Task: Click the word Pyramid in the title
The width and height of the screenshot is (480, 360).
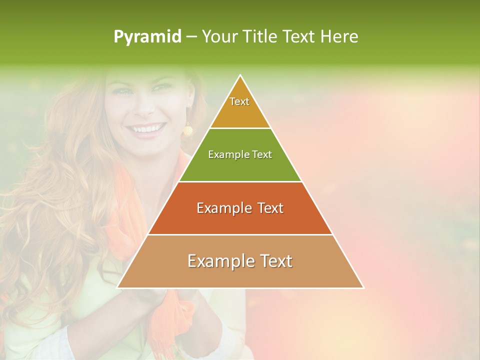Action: (147, 37)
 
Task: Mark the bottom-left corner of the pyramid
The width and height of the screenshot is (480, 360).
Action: (117, 287)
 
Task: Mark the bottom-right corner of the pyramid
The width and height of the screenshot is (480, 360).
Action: (363, 287)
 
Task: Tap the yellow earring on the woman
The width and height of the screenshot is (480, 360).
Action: (187, 130)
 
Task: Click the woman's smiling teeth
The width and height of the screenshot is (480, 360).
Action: (145, 129)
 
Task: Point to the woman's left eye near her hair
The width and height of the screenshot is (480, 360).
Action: (120, 91)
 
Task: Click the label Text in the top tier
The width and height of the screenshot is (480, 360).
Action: (239, 101)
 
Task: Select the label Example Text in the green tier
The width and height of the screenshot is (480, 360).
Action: (240, 154)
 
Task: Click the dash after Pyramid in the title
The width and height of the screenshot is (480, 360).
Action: (191, 37)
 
